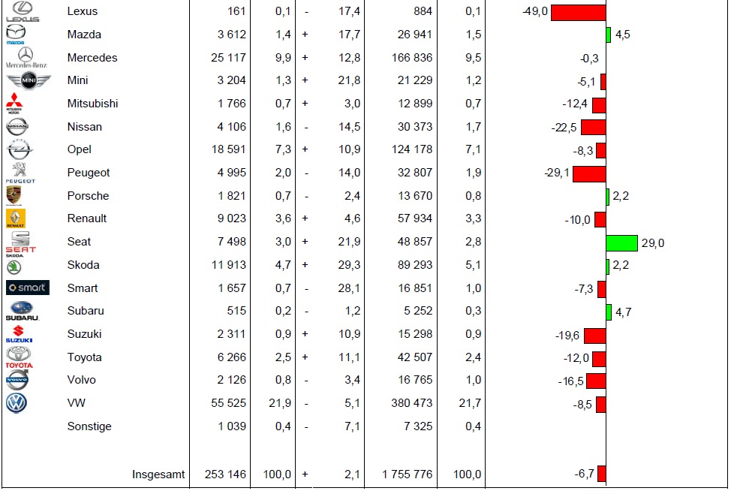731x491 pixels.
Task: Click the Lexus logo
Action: coord(22,11)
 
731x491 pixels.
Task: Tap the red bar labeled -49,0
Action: coord(578,12)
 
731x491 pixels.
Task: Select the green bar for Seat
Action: coord(621,242)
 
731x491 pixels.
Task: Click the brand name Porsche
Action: coord(88,196)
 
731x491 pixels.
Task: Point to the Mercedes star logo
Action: coord(26,56)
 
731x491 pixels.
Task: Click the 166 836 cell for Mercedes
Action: coord(407,58)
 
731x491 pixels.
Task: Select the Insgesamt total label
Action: coord(158,474)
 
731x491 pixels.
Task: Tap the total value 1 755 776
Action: coord(407,474)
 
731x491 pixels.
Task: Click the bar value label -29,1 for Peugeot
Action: coord(557,173)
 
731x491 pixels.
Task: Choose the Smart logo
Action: coord(28,288)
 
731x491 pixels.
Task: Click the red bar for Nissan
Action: coord(593,127)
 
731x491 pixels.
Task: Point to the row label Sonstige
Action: coord(89,426)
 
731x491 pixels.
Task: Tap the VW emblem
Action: coord(17,403)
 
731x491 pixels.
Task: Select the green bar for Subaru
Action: coord(609,312)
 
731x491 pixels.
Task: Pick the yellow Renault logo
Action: coord(16,218)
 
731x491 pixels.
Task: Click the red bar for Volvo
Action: coord(596,381)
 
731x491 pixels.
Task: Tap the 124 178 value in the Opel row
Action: coord(407,149)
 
